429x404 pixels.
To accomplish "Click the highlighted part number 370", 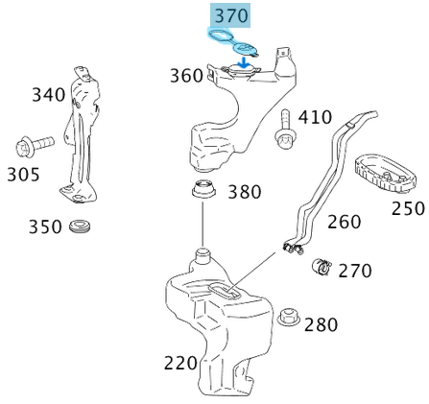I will (230, 15).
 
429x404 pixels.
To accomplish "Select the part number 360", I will (186, 75).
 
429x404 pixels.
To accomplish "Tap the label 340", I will (48, 94).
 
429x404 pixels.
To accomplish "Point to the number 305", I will (23, 175).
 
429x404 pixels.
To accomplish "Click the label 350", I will (44, 226).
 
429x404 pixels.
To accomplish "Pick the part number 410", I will (314, 117).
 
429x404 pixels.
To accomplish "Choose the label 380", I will (244, 192).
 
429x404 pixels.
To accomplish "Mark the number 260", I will (344, 222).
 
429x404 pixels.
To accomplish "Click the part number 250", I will (408, 207).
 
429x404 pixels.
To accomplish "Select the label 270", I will (354, 271).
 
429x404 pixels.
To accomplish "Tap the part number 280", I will (321, 324).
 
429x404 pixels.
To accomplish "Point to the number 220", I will (180, 363).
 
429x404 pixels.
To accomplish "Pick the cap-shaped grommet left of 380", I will (203, 189).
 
